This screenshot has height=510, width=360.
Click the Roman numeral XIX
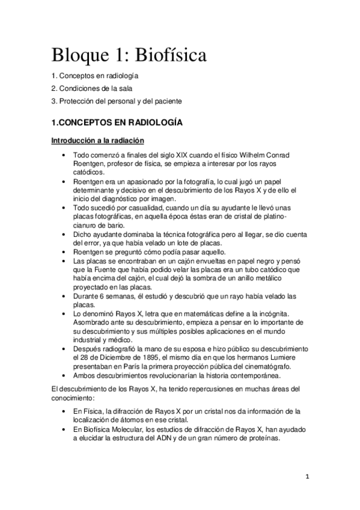[183, 156]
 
